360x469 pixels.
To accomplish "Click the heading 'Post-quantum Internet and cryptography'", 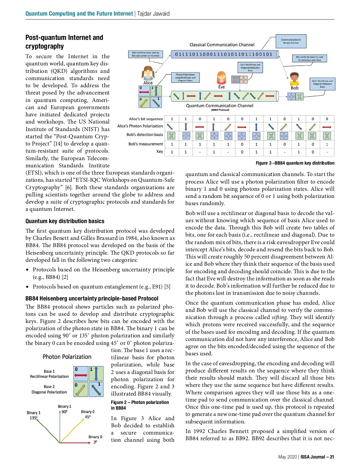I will coord(64,42).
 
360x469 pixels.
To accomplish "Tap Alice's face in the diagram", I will coord(148,73).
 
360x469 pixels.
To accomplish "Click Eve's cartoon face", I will coord(221,78).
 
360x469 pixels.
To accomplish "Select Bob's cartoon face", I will coord(294,79).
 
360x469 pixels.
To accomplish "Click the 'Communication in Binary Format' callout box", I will coord(291,41).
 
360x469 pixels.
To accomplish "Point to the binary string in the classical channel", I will coord(223,54).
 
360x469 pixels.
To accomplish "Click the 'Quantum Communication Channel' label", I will coord(219,106).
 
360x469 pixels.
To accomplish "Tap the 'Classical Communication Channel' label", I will coord(222,45).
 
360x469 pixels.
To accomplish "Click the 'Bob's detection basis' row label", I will coord(145,135).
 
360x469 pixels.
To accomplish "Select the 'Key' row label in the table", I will coord(160,151).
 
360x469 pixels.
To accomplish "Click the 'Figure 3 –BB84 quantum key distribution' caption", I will coord(295,163).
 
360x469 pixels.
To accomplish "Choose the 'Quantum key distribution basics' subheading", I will coord(65,221).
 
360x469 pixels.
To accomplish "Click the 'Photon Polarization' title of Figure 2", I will coord(67,357).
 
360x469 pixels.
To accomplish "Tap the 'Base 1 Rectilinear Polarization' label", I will coord(49,374).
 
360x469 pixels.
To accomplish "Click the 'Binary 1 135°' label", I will coord(33,415).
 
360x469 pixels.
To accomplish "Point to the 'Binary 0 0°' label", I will coord(95,439).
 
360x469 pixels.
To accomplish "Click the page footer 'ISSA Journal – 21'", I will coord(317,457).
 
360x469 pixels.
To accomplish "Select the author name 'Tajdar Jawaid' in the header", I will coord(153,13).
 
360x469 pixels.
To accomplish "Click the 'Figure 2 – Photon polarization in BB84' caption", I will coord(140,405).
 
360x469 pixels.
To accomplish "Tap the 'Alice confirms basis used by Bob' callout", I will coord(145,54).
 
